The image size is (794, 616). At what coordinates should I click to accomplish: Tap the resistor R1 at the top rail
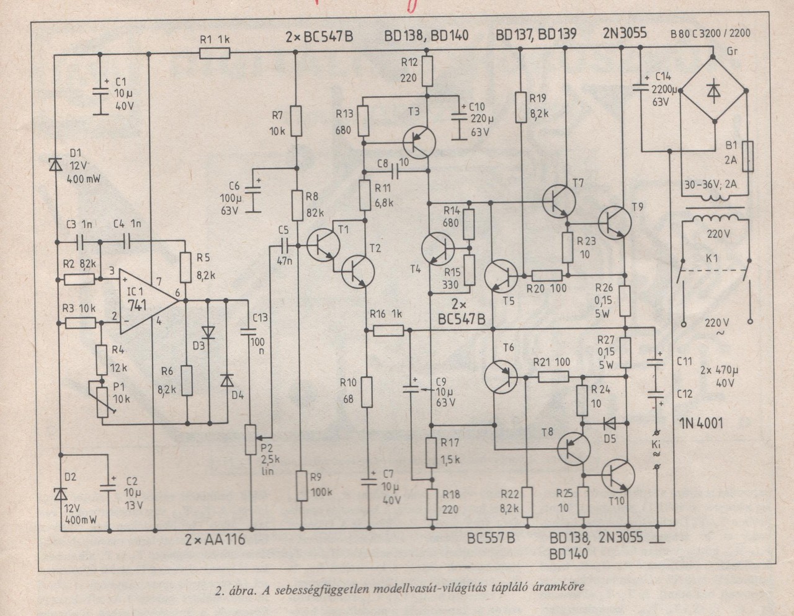215,55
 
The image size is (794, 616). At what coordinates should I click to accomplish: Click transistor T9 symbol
616,222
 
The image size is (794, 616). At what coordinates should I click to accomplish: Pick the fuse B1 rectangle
748,157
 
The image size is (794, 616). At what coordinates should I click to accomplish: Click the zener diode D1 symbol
55,165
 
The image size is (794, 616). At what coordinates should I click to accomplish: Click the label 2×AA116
215,540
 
